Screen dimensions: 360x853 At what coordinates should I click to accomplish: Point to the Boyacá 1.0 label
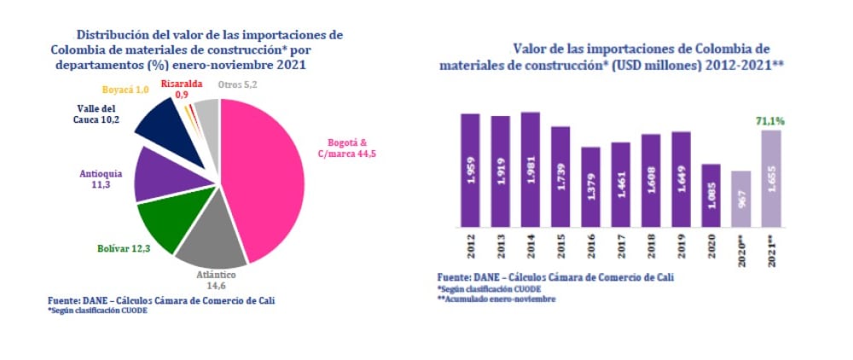(x=125, y=90)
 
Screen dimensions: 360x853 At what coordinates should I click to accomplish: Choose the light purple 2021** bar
(x=771, y=179)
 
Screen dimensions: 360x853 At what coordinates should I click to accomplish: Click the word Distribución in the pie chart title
(x=111, y=35)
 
